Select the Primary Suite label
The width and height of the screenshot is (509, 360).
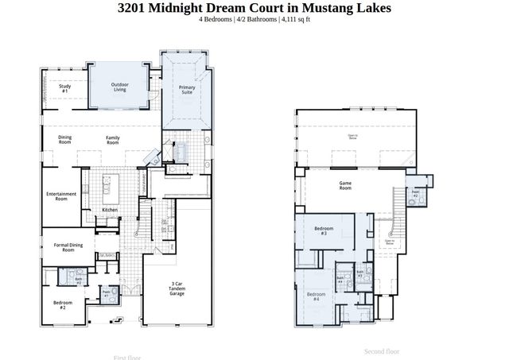pos(187,89)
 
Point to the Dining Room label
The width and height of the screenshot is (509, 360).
pos(65,140)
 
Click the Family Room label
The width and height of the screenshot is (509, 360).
pos(114,140)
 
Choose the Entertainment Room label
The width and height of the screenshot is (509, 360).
pos(60,196)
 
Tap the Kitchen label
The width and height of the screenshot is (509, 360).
pos(110,210)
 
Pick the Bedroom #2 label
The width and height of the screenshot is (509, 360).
pos(64,304)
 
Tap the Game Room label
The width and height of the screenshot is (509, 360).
pos(345,187)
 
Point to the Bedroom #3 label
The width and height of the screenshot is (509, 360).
pos(324,231)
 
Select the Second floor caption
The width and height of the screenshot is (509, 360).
pos(381,351)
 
